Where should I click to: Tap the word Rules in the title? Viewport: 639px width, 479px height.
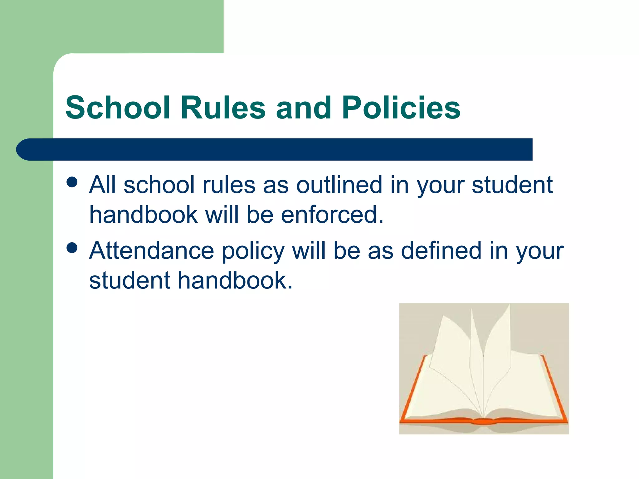[223, 108]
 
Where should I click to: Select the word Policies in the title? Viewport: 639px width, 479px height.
[401, 108]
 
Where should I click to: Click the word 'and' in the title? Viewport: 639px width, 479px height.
[303, 108]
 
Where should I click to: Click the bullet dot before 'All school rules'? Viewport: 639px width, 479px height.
[72, 182]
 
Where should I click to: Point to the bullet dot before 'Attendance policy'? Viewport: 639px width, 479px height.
[72, 248]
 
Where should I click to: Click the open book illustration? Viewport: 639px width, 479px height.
[484, 369]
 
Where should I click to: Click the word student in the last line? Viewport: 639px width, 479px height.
[129, 280]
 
